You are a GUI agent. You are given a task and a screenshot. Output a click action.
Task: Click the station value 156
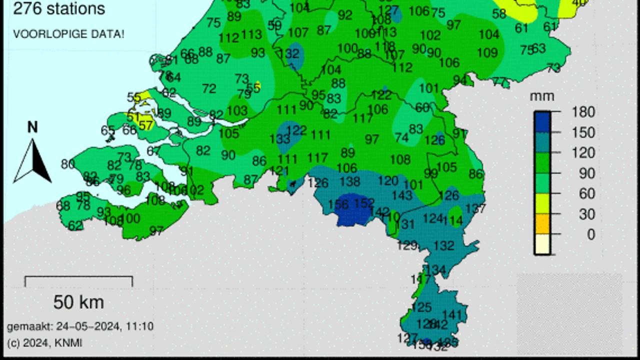pos(338,204)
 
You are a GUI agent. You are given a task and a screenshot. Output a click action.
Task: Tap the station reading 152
pos(364,203)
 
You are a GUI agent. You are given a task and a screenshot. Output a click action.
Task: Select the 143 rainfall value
pos(402,195)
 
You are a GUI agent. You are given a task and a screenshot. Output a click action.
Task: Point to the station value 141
pos(452,315)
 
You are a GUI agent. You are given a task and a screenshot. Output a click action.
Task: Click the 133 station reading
pos(279,139)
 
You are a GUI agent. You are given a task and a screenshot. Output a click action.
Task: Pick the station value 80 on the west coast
pos(68,164)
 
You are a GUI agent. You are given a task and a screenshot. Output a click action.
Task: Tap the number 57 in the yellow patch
pos(145,125)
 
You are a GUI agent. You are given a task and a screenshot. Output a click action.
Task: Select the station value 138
pos(349,181)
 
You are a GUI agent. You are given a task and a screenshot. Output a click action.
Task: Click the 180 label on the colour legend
pos(583,112)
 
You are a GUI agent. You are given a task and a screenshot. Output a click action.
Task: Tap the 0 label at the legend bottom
pos(591,234)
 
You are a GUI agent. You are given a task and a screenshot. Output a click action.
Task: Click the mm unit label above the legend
pos(542,95)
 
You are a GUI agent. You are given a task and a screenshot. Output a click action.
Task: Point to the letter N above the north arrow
pos(32,127)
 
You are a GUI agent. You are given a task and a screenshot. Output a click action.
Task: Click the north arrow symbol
pos(32,161)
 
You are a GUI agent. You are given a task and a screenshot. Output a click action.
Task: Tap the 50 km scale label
pos(78,302)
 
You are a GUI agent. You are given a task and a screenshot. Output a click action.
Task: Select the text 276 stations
pos(59,8)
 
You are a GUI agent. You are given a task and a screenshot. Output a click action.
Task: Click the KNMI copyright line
pos(44,342)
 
